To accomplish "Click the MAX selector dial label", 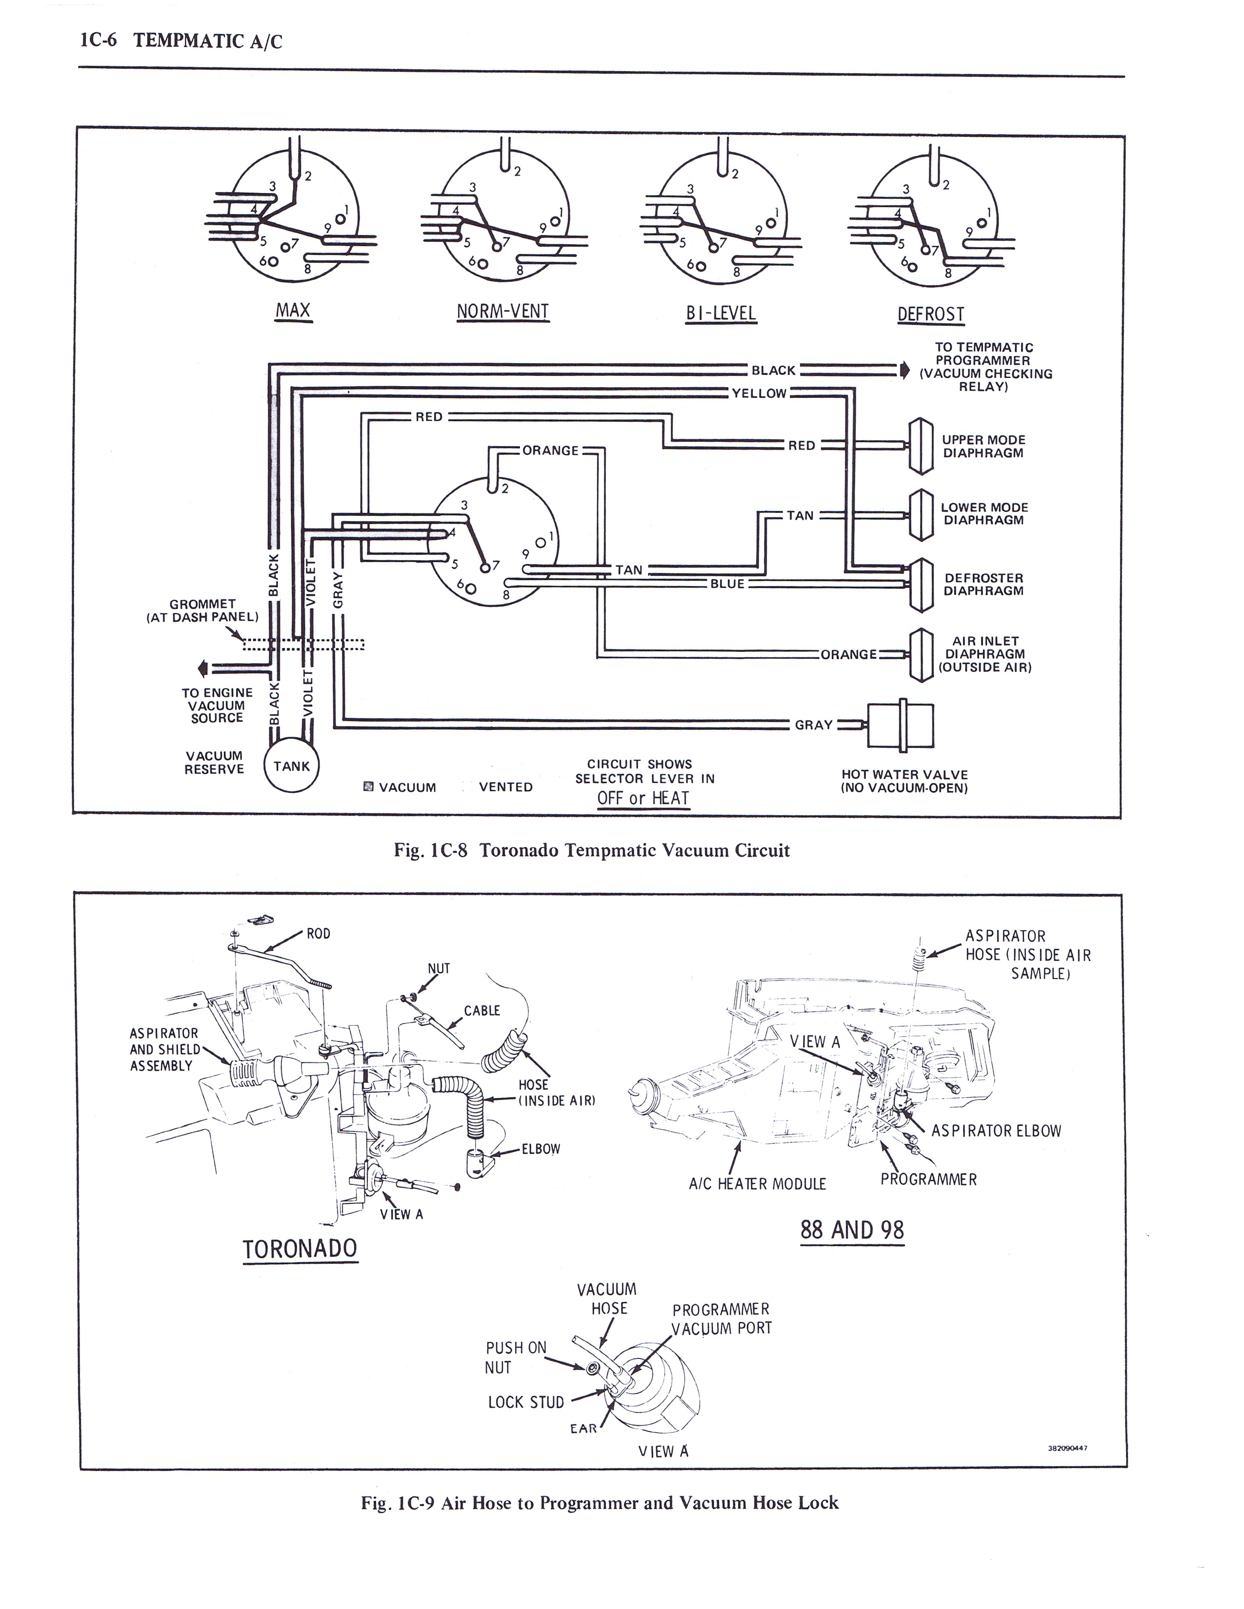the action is click(293, 310).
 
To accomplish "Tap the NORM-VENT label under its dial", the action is click(502, 311).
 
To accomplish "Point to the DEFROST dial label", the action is click(931, 314).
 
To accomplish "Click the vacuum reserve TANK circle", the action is click(292, 765).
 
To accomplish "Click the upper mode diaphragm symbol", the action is click(921, 446).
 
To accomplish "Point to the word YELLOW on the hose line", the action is click(759, 393).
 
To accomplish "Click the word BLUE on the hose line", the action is click(727, 584).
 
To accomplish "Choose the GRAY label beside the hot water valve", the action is click(814, 725).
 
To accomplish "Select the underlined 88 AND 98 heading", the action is click(852, 1230).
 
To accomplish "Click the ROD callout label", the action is click(319, 933).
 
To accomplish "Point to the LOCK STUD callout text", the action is click(526, 1402).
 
